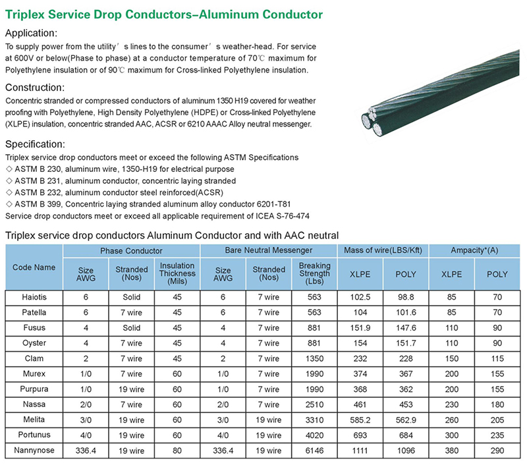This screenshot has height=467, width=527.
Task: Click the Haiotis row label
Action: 34,297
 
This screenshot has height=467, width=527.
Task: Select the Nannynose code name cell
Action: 34,451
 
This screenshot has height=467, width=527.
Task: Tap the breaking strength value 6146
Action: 314,451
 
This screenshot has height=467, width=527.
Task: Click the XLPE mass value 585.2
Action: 360,420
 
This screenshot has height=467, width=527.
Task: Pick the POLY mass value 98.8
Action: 405,297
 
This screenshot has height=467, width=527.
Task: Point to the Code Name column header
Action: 34,267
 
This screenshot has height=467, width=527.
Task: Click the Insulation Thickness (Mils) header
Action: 177,273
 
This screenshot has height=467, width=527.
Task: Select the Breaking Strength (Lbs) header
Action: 314,273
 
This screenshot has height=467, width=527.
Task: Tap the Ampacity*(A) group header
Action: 474,250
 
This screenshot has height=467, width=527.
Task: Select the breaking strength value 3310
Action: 314,420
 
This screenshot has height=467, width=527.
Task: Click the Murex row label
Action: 34,373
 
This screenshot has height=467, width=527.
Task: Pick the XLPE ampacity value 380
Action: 451,451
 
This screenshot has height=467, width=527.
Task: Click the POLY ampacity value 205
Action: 497,420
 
